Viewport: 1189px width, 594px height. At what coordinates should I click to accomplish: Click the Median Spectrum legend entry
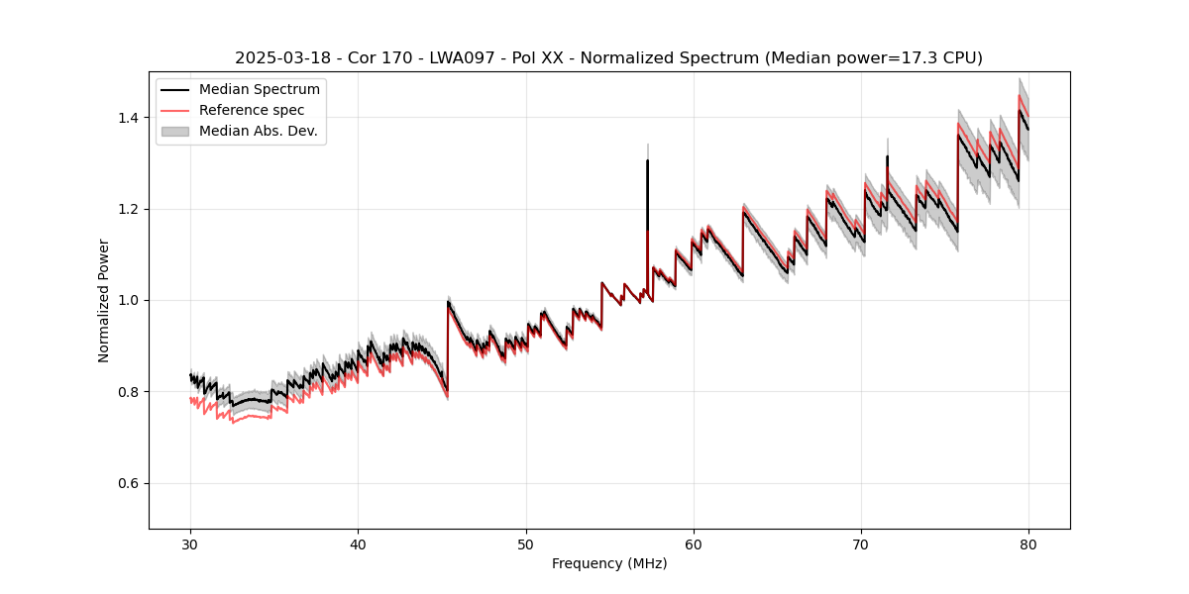tap(259, 90)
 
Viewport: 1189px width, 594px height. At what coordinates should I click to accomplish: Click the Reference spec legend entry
tap(252, 110)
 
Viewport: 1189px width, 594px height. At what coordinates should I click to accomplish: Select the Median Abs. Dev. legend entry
tap(258, 131)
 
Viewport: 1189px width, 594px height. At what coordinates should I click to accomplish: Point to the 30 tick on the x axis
tap(191, 544)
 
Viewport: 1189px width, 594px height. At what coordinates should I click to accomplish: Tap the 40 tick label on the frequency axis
tap(359, 544)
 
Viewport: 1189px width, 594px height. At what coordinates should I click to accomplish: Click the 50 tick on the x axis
tap(526, 544)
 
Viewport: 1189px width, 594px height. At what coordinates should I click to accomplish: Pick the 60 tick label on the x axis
tap(694, 544)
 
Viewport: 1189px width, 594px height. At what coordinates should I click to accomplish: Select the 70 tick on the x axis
tap(861, 544)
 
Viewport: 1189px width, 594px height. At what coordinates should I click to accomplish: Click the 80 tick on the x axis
tap(1028, 544)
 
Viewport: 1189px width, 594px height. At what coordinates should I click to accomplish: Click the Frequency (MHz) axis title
tap(609, 563)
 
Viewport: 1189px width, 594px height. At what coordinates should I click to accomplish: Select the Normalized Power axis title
tap(104, 300)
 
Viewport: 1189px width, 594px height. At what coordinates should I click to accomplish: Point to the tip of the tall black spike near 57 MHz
tap(647, 160)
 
